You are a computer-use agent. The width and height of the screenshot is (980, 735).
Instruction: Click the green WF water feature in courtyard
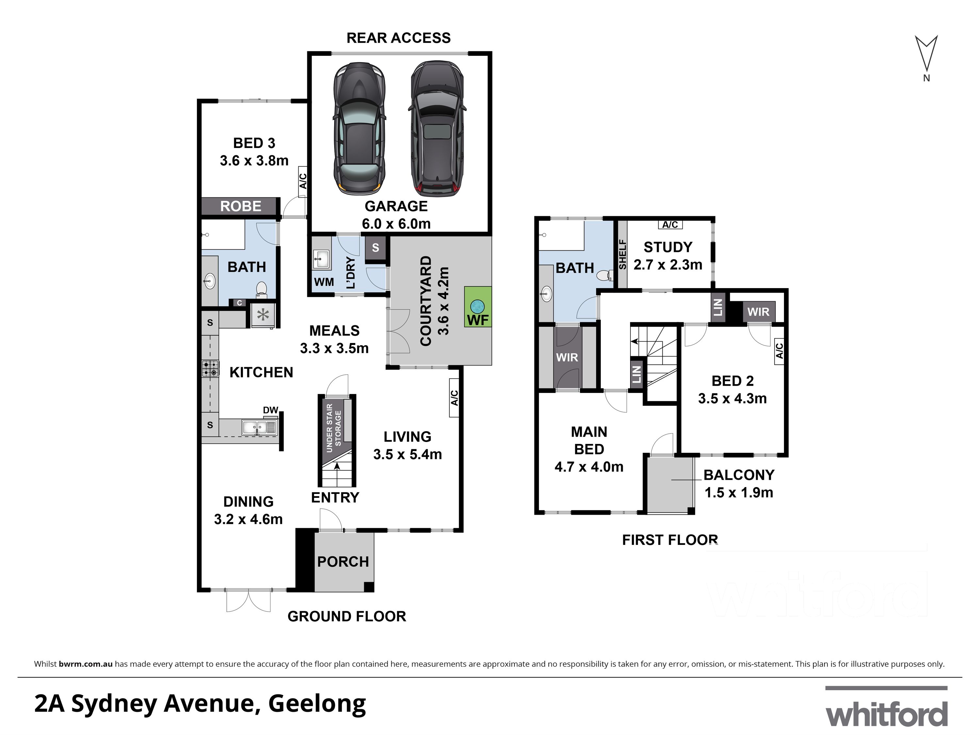[478, 307]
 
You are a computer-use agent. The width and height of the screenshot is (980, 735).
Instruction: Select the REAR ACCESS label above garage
[398, 38]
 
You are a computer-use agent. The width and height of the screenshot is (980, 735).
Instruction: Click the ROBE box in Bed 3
[240, 206]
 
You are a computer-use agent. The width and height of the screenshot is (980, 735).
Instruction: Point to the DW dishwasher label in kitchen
[270, 410]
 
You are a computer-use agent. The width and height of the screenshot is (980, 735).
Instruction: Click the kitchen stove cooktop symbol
[210, 368]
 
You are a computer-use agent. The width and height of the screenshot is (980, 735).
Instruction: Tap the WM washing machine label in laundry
[324, 282]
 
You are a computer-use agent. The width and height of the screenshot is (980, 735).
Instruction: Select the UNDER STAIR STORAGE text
[334, 428]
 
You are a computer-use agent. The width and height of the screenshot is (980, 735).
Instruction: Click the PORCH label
[343, 562]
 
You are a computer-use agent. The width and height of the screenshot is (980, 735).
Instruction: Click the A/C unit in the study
[670, 225]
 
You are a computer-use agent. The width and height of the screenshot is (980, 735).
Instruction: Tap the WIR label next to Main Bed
[567, 357]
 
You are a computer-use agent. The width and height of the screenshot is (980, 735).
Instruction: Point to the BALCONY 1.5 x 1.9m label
[739, 483]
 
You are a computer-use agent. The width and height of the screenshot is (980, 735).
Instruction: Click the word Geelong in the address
[317, 704]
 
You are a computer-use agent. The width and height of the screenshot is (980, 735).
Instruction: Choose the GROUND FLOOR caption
[347, 616]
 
